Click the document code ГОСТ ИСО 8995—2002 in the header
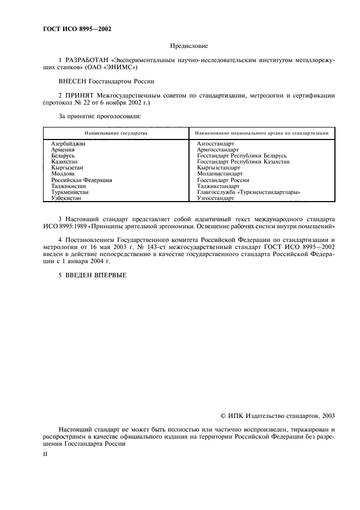point(77,29)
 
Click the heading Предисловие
point(189,47)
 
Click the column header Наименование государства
point(115,133)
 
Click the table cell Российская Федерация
point(81,180)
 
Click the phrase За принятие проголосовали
point(100,116)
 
